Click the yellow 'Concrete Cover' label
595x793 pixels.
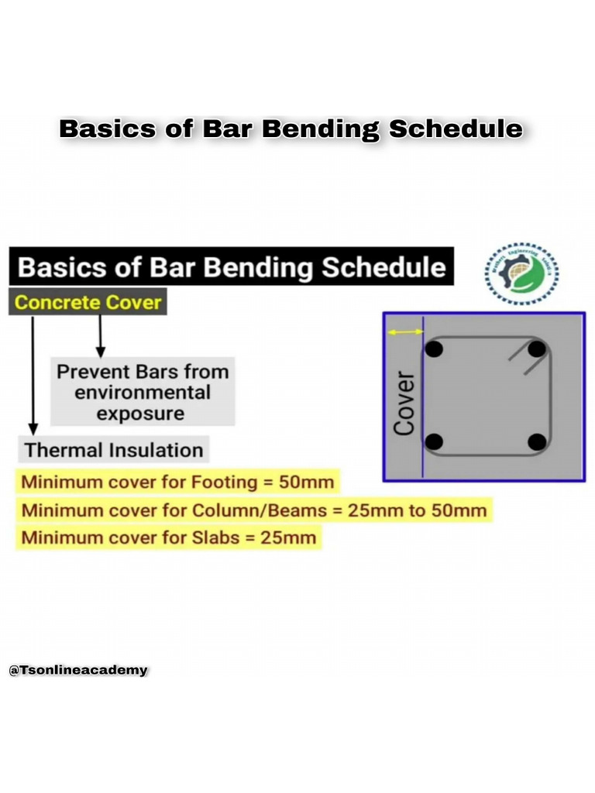point(88,302)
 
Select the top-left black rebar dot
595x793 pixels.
point(435,348)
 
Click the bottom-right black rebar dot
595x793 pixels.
point(537,442)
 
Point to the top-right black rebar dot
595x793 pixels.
point(537,348)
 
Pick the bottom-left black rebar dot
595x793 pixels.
point(435,442)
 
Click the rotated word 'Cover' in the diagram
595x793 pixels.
point(404,403)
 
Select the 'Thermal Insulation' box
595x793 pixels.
point(113,450)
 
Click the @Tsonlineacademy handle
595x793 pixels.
point(77,670)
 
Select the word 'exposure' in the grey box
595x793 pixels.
point(140,414)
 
